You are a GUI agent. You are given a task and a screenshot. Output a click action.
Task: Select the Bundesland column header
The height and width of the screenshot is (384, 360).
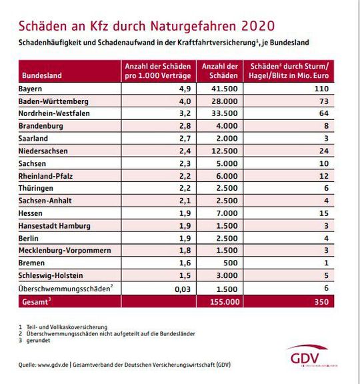point(41,75)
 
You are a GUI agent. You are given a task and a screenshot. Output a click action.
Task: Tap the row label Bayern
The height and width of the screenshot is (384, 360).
point(35,88)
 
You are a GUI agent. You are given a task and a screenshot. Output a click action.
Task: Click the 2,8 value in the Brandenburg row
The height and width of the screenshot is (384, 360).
point(185,126)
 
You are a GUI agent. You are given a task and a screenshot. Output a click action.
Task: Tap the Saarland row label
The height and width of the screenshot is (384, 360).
point(37,139)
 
